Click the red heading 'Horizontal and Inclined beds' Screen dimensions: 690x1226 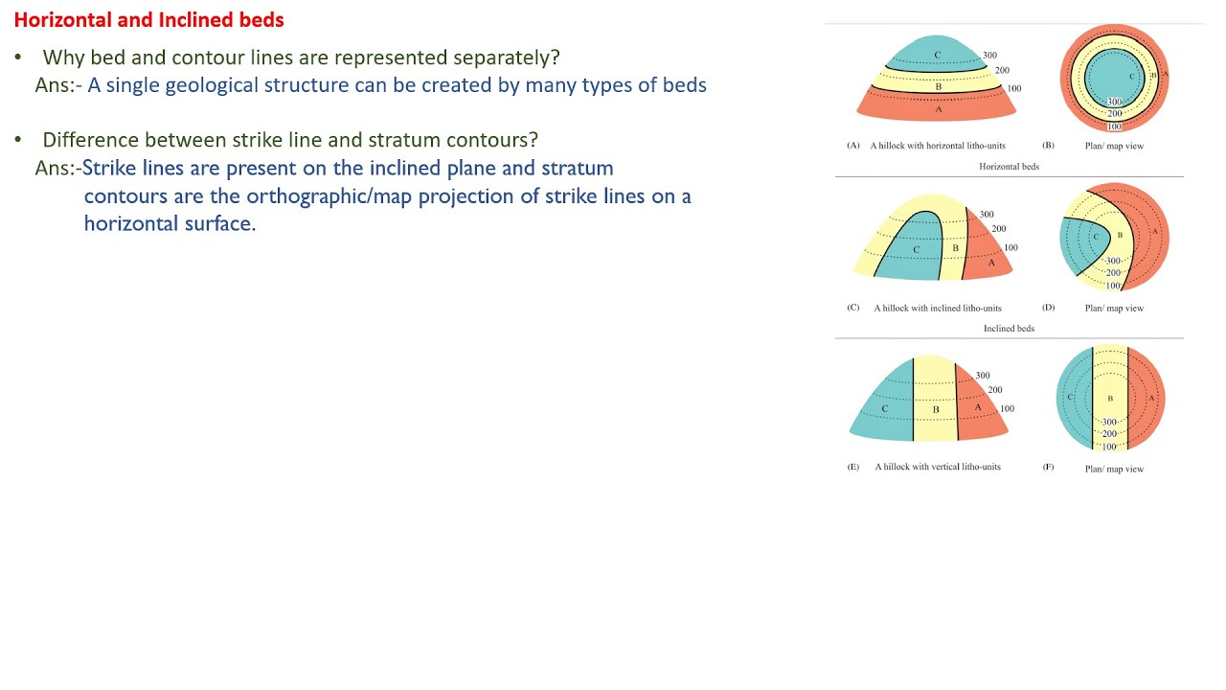pos(148,19)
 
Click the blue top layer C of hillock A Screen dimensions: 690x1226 pos(937,53)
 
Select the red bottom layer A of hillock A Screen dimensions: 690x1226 pos(937,108)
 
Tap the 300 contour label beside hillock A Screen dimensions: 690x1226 pos(989,56)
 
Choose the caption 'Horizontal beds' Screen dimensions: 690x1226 pos(1009,166)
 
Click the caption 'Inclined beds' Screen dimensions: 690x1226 pos(1009,328)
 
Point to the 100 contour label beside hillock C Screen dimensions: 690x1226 pos(1010,247)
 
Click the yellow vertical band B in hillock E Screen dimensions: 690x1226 pos(935,402)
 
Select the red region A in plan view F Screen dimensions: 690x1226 pos(1147,397)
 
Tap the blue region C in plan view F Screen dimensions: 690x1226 pos(1073,397)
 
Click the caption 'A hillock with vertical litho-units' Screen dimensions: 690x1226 pos(937,467)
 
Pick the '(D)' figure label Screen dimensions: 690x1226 pos(1048,308)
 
